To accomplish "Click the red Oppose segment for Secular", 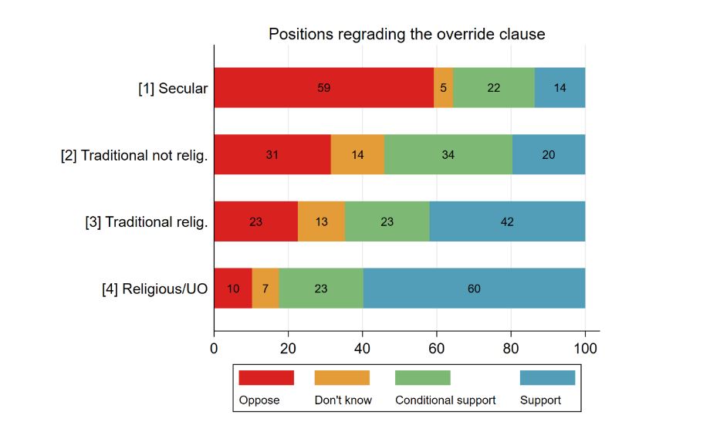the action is click(324, 88).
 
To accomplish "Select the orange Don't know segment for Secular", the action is click(443, 88).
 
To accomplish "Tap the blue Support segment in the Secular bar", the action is click(560, 88).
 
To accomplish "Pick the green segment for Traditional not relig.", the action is click(448, 154).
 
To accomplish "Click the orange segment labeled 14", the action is click(357, 154).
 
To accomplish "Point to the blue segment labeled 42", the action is click(507, 221).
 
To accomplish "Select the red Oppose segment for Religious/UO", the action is click(233, 289).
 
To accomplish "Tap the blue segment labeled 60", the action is click(475, 289).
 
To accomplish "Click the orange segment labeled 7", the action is click(265, 289).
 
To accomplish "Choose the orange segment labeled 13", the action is click(321, 221).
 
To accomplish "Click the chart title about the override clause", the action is click(407, 34).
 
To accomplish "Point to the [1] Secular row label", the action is click(173, 88).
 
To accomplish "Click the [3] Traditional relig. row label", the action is click(147, 222).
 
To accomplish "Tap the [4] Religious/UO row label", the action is click(155, 289).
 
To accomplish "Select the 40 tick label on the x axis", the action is click(362, 348).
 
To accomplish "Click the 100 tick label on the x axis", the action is click(585, 348).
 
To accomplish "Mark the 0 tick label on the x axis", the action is click(214, 348).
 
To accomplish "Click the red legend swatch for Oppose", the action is click(266, 377).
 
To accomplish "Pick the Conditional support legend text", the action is click(445, 400).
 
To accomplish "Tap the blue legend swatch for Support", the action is click(548, 377).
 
